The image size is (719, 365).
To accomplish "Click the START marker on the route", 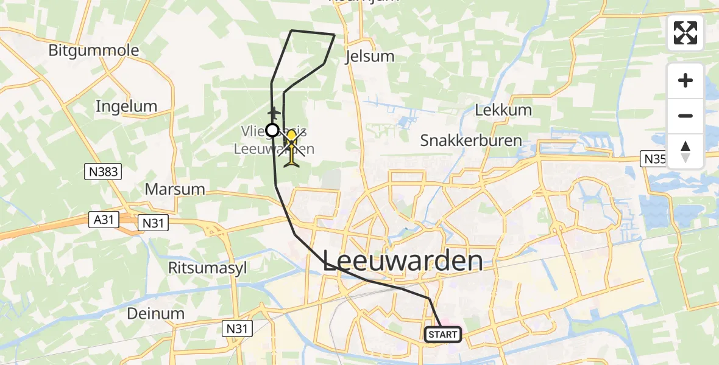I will point(442,334).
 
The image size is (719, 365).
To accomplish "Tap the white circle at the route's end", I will point(272,130).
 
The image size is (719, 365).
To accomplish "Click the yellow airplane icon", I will point(292,148).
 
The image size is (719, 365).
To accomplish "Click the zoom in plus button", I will point(685,80).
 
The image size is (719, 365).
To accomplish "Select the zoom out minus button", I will point(685,116).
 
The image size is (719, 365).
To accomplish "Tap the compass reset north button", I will point(685,151).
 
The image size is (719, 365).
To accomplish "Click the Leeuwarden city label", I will point(403,261).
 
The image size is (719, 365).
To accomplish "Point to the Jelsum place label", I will point(369,57).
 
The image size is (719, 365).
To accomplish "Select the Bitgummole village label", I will point(94,50).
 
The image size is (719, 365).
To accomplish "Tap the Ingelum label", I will point(126,106).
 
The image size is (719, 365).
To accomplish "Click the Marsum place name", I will point(175,189).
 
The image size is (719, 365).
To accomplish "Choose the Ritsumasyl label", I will point(207,268).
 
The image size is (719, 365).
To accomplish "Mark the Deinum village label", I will point(155,314).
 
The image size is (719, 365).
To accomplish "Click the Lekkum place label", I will point(503,110).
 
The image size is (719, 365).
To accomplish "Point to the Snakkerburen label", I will point(471,141).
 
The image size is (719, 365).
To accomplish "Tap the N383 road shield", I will point(102,172).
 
